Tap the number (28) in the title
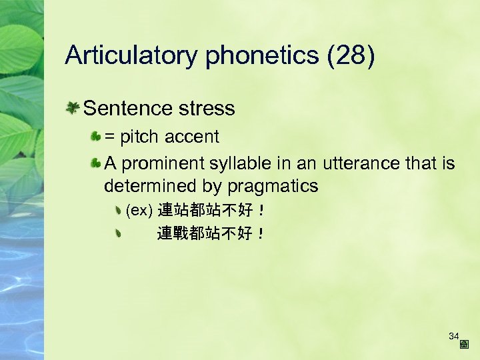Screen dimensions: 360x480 coord(351,56)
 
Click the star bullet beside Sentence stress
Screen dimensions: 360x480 coord(73,107)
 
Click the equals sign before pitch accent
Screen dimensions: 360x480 coord(109,137)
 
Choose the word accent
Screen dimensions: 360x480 coord(192,137)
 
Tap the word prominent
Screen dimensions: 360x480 coord(163,163)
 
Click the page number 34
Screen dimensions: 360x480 coord(454,336)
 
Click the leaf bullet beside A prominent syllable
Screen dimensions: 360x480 coord(96,163)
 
